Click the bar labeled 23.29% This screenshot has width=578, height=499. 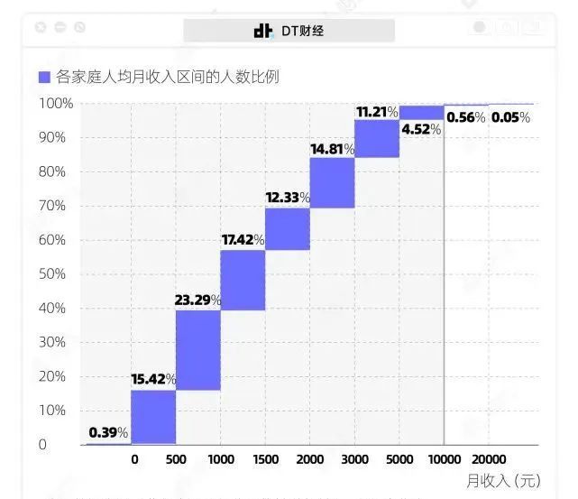[197, 349]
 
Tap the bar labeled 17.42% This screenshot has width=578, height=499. [243, 280]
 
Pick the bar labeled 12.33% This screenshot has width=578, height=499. [288, 228]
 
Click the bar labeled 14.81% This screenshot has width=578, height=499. [332, 182]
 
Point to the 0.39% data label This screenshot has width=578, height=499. [108, 433]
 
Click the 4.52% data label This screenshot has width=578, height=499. [421, 129]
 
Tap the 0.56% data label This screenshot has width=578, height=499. [466, 117]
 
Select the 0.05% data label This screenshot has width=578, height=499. [511, 117]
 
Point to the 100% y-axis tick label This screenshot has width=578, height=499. [55, 103]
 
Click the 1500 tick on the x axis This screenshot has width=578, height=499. [265, 458]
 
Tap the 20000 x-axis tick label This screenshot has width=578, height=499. [490, 458]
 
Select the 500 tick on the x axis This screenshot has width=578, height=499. [176, 458]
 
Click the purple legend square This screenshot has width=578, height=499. [44, 78]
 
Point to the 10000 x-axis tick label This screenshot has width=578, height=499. [445, 458]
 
